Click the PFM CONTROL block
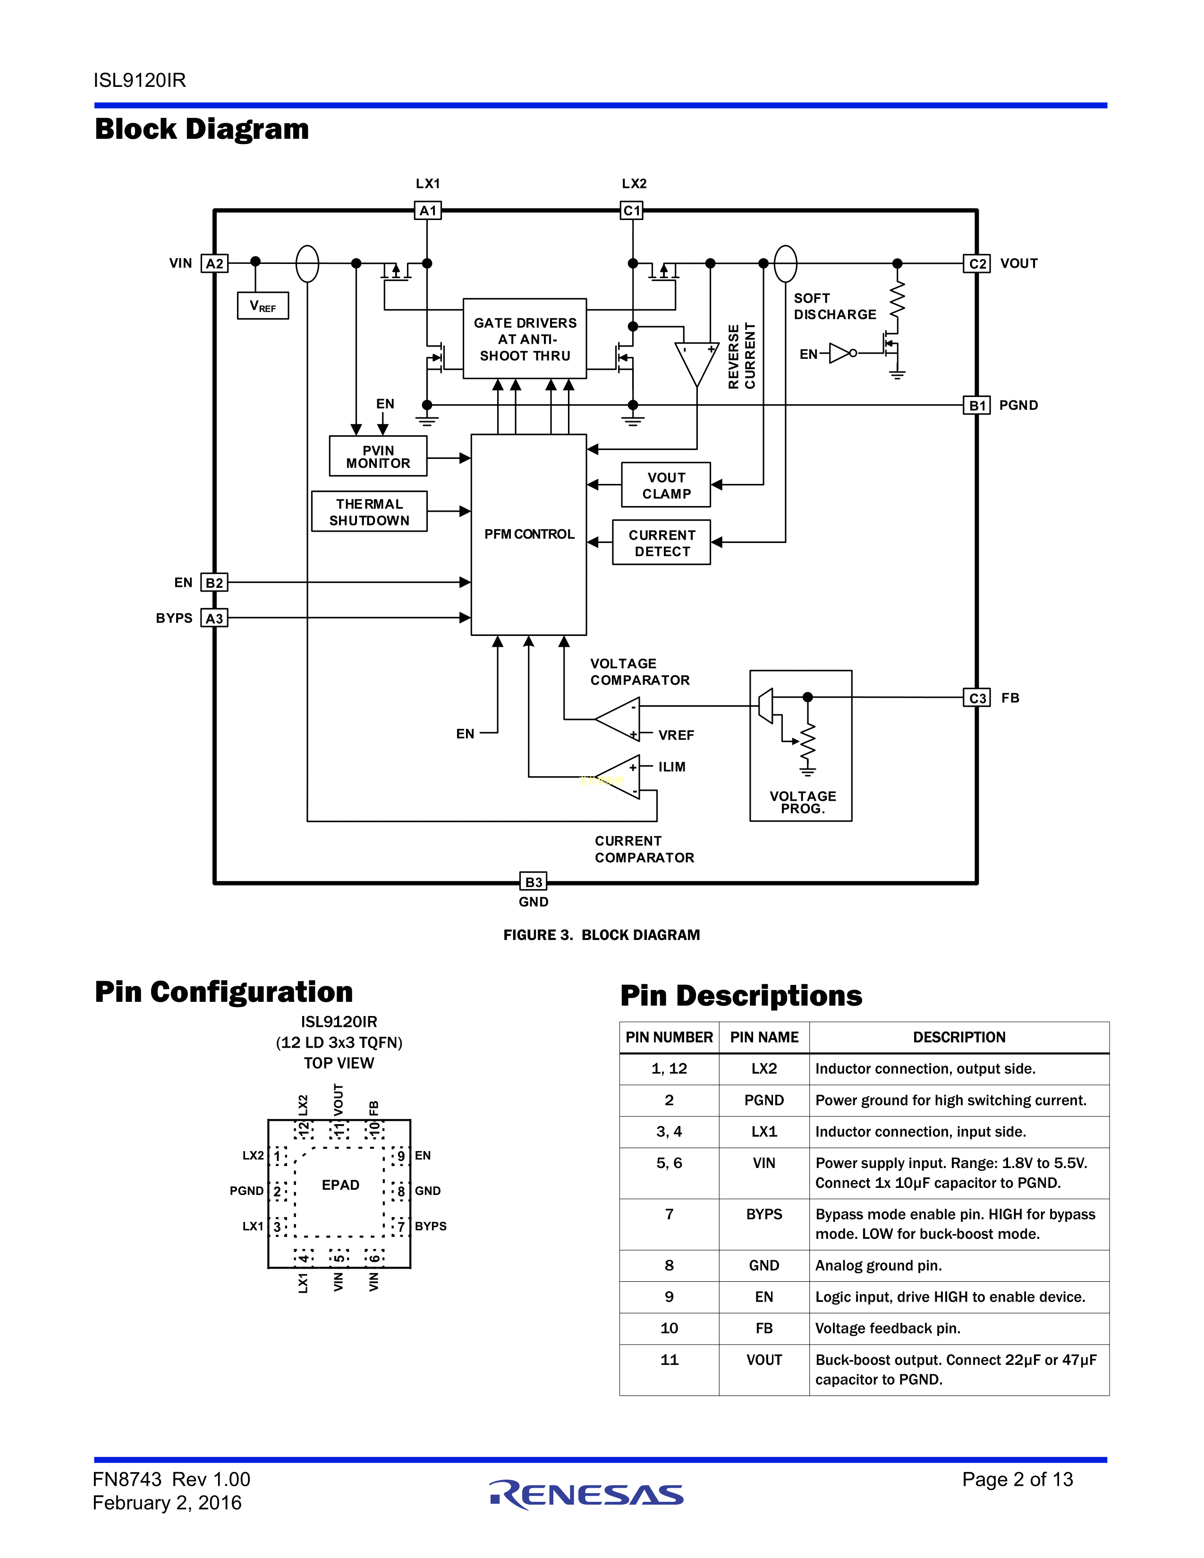(x=528, y=534)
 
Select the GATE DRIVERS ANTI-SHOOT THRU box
(x=525, y=339)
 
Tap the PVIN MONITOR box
(x=378, y=457)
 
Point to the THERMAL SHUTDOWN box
(x=370, y=511)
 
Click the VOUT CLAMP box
(x=666, y=485)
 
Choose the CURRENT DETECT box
(x=662, y=543)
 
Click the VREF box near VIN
(x=263, y=306)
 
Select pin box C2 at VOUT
(x=977, y=263)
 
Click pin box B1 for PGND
(x=977, y=405)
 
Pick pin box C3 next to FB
(x=977, y=698)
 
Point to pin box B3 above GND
(x=534, y=882)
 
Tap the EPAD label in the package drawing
(x=340, y=1185)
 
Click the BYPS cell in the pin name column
(x=764, y=1214)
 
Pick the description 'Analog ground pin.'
(x=879, y=1265)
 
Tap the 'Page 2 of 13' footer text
(x=1017, y=1480)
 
